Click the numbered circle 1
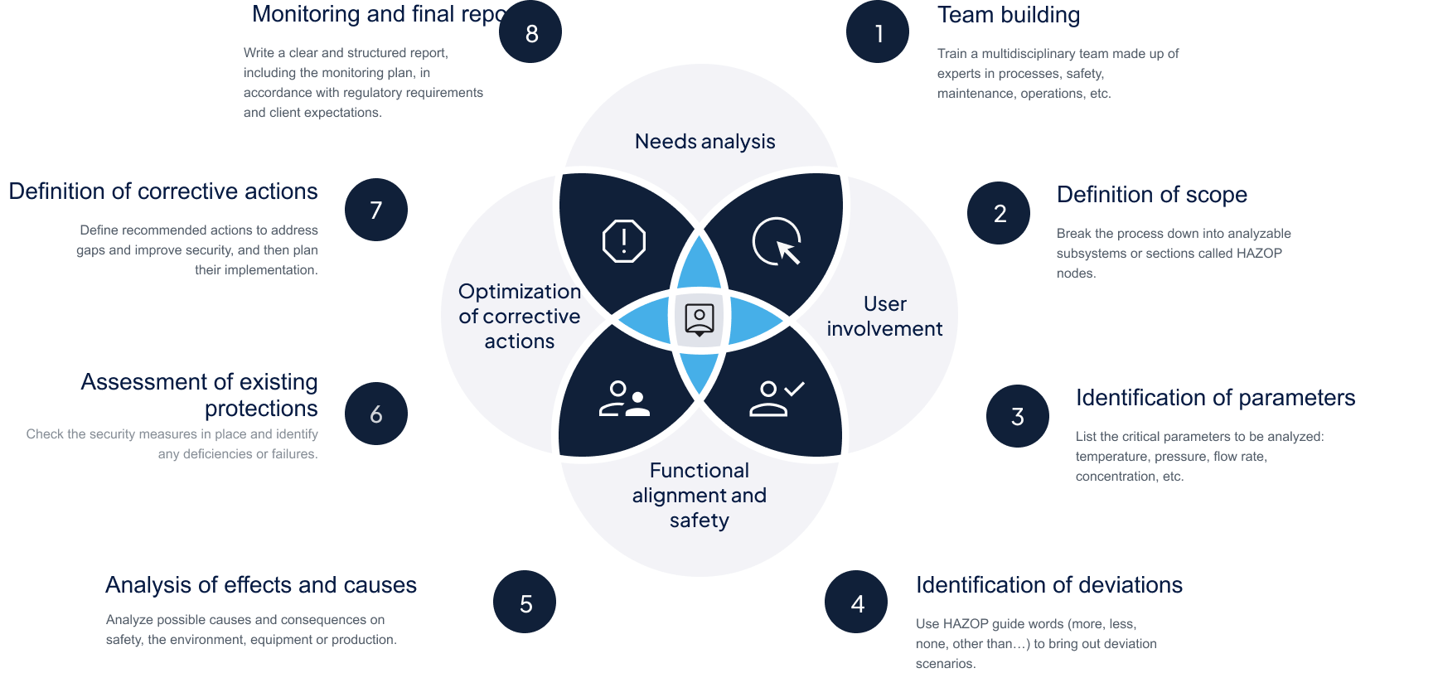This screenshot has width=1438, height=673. tap(878, 32)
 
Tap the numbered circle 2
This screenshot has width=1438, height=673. tap(999, 213)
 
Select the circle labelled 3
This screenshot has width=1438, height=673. tap(1017, 416)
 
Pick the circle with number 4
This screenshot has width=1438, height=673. tap(856, 603)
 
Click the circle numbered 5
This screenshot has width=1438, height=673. tap(525, 603)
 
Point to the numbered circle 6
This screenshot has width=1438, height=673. tap(375, 414)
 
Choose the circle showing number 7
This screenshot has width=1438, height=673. tap(375, 210)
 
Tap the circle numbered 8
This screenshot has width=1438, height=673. tap(530, 32)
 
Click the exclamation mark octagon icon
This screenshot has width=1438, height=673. tap(623, 241)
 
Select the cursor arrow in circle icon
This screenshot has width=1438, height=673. tap(777, 241)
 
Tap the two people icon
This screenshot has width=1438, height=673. tap(623, 398)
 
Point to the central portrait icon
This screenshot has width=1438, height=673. tap(700, 318)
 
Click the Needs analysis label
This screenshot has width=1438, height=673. tap(704, 142)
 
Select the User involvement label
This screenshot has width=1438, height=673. tap(884, 317)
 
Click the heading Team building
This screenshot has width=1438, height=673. tap(1008, 15)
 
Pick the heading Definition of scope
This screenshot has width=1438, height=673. tap(1151, 195)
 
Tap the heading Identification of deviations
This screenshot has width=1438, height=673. tap(1048, 585)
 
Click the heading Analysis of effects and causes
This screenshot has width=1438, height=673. tap(261, 585)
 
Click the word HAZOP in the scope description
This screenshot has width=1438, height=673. tap(1258, 253)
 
